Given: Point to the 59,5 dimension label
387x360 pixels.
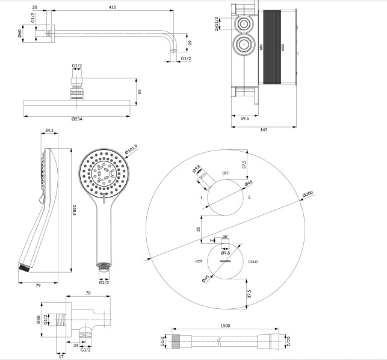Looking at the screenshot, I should [245, 119].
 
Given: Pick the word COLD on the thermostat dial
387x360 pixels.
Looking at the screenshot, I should [253, 262].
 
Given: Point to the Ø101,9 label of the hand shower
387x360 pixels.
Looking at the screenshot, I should [131, 147].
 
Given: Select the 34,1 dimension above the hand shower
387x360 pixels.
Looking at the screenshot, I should [49, 131].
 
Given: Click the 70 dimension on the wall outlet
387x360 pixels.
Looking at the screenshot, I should [88, 293].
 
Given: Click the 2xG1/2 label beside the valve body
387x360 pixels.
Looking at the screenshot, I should [215, 25].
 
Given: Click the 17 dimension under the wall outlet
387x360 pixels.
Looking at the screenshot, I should [61, 355].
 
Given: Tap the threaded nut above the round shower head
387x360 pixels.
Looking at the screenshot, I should [77, 90].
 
